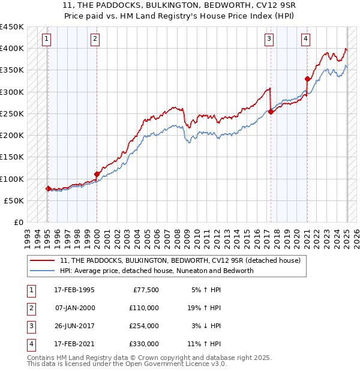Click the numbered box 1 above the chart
[x=47, y=40]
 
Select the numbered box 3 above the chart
[x=269, y=40]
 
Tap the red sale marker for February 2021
[x=307, y=79]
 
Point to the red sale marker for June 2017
[x=271, y=112]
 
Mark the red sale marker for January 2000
[x=97, y=174]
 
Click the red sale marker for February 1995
[x=48, y=188]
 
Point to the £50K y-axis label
[x=14, y=200]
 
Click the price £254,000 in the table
[x=143, y=326]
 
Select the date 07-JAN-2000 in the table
[x=74, y=308]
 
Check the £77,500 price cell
[x=146, y=290]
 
